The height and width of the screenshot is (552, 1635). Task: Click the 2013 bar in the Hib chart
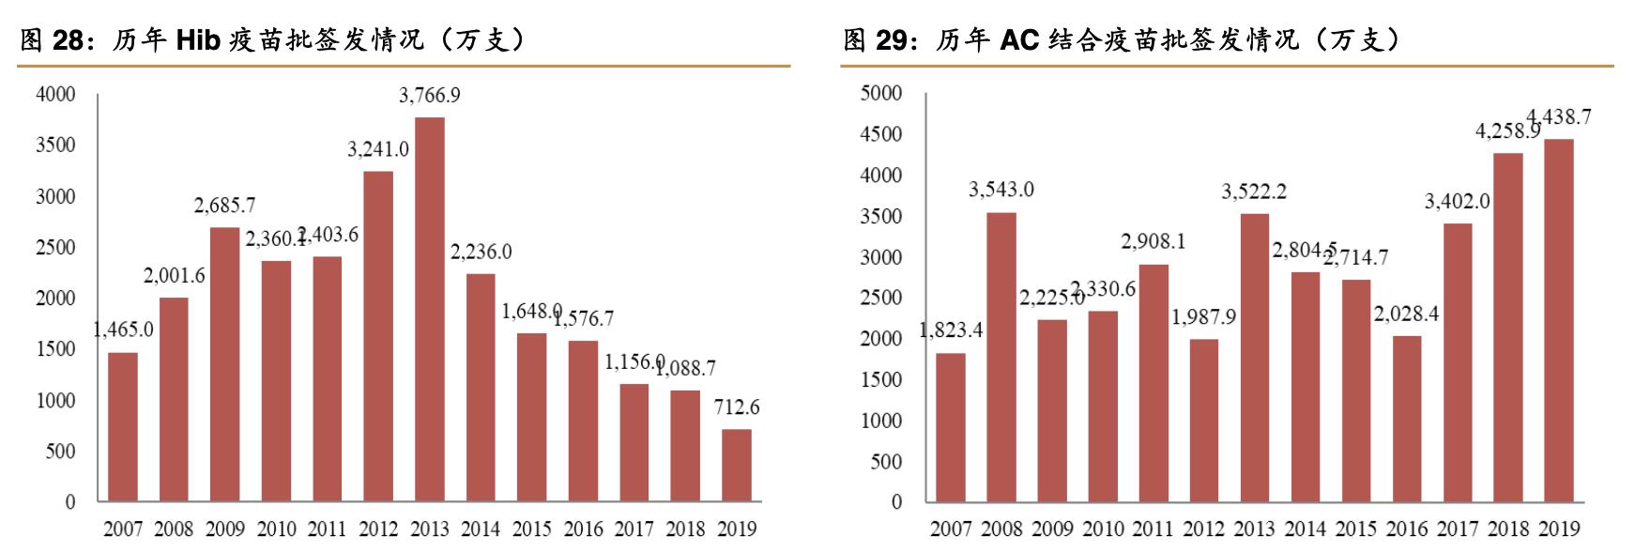[x=430, y=310]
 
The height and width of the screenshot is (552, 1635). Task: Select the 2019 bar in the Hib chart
[x=737, y=466]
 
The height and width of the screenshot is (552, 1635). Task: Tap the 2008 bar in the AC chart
[x=1001, y=357]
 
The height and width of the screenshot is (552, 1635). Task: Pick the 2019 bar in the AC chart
[x=1559, y=320]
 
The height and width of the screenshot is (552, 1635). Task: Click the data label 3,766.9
[x=430, y=96]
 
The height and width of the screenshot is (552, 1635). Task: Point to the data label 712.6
[x=737, y=407]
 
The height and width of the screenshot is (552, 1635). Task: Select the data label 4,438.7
[x=1559, y=117]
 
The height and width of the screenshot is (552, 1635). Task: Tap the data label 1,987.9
[x=1204, y=317]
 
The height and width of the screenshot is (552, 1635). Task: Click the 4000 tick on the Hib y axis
[x=55, y=95]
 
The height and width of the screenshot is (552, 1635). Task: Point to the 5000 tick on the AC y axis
[x=881, y=93]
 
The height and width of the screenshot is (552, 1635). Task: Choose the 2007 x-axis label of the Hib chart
[x=123, y=529]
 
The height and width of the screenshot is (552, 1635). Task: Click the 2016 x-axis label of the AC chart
[x=1407, y=529]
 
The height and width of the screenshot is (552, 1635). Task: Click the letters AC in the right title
[x=1019, y=40]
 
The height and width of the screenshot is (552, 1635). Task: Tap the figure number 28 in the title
[x=68, y=40]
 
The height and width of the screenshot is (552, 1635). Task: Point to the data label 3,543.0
[x=1001, y=190]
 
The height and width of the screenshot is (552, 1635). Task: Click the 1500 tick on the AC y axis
[x=881, y=379]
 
